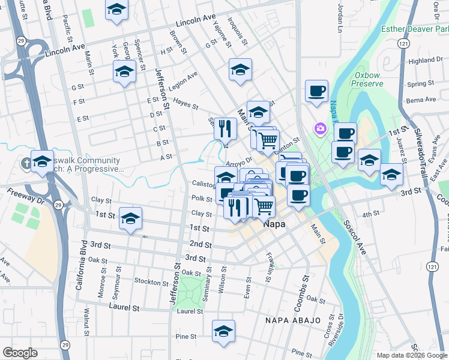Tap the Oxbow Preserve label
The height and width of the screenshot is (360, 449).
(369, 80)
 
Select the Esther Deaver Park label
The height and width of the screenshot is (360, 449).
(414, 28)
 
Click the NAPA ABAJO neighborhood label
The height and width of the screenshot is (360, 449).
(294, 320)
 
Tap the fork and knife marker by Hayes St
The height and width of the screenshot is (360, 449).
(225, 128)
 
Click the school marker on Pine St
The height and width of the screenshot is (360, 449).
(223, 331)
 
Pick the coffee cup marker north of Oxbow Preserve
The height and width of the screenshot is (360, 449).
(316, 91)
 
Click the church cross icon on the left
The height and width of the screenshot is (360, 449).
(26, 163)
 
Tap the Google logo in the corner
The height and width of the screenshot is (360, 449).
(20, 352)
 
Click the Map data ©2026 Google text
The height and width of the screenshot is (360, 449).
(412, 355)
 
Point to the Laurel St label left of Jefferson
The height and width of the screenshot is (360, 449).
(124, 307)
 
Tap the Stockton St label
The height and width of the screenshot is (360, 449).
(148, 281)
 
